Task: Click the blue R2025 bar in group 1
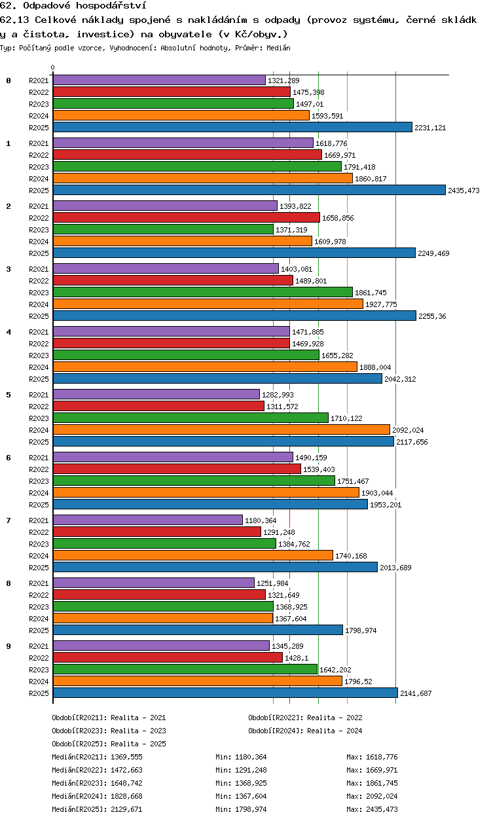[x=249, y=191]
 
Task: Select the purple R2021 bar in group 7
[x=148, y=520]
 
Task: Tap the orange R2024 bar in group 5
[x=221, y=429]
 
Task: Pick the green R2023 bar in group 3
[x=203, y=292]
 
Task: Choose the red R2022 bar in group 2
[x=187, y=218]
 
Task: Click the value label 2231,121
[x=430, y=128]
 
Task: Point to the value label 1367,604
[x=291, y=619]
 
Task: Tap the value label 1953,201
[x=386, y=505]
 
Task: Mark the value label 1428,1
[x=297, y=658]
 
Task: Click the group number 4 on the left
[x=9, y=332]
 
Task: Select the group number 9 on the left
[x=9, y=646]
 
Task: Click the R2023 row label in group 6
[x=39, y=481]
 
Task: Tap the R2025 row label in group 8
[x=39, y=630]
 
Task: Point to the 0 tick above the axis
[x=53, y=67]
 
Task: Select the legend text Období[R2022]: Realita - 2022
[x=305, y=718]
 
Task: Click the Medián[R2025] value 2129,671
[x=126, y=809]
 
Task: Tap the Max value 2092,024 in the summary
[x=382, y=795]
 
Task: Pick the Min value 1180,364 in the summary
[x=251, y=756]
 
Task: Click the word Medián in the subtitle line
[x=278, y=48]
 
